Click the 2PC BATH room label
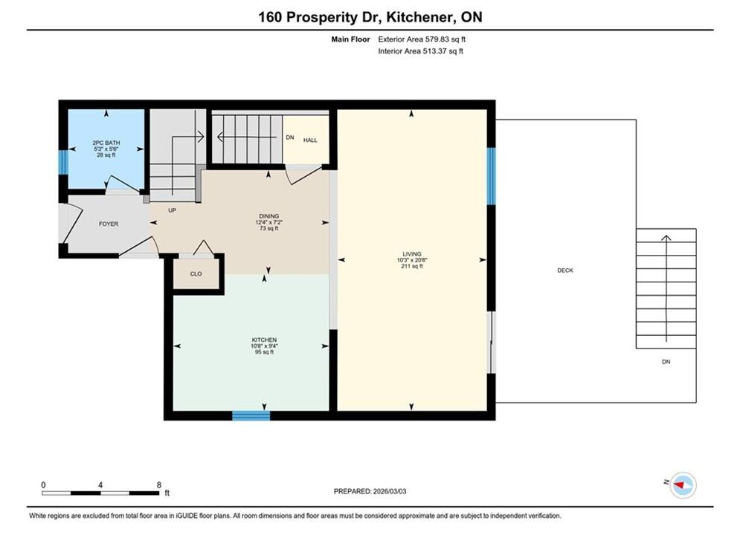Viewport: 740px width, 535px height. click(106, 143)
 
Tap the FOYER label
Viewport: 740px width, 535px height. click(109, 224)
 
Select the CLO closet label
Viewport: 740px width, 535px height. click(196, 274)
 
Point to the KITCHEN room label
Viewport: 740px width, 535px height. click(264, 340)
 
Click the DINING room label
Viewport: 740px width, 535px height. click(269, 216)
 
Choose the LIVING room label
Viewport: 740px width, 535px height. click(412, 254)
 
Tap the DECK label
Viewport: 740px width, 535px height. click(565, 270)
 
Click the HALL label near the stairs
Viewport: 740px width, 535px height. click(310, 140)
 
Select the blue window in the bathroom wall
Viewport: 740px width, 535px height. click(63, 162)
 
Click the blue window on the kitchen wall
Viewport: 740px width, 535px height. click(251, 415)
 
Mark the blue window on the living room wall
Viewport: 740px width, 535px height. click(491, 176)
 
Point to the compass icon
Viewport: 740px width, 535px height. click(683, 485)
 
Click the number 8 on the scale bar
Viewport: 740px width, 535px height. click(159, 484)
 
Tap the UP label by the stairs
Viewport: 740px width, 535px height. click(173, 210)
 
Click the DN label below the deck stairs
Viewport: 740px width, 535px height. click(666, 362)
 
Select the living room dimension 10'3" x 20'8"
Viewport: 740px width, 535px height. click(412, 260)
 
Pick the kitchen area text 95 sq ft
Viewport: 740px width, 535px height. click(264, 352)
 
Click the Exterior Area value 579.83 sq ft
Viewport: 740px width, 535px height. click(445, 39)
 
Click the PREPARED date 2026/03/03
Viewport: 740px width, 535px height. click(390, 491)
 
